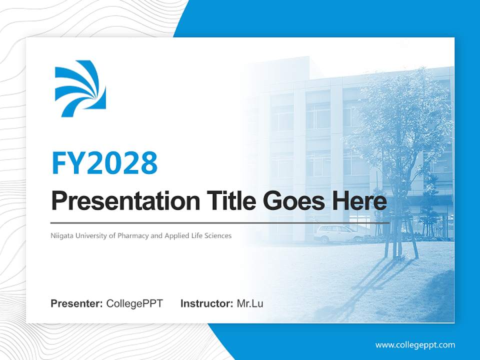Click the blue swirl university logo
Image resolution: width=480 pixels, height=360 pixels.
click(80, 88)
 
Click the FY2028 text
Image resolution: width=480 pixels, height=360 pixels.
click(104, 163)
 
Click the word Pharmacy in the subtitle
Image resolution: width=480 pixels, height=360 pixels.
click(132, 235)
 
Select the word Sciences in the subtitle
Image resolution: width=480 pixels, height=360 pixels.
click(218, 235)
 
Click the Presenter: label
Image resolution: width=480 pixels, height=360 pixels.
click(77, 303)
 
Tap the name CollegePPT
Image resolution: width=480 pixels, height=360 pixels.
click(134, 303)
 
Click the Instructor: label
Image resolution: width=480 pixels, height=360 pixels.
click(206, 303)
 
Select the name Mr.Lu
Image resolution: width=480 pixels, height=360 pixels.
click(250, 303)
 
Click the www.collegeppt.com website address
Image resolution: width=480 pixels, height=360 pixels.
click(415, 345)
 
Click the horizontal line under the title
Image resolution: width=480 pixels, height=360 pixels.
click(220, 222)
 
